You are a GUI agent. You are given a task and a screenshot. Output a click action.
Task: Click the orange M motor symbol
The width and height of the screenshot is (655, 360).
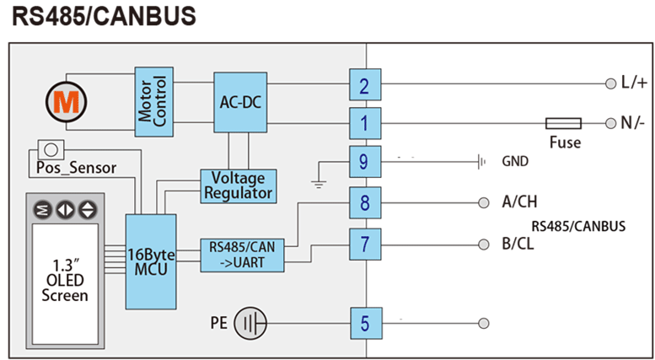coord(63,101)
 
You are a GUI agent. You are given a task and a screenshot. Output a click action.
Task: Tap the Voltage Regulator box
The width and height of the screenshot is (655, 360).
coord(239,185)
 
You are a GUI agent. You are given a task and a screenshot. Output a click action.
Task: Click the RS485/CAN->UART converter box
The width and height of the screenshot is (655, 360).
coord(243,255)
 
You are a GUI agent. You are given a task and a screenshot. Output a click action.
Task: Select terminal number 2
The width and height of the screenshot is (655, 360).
coord(364,85)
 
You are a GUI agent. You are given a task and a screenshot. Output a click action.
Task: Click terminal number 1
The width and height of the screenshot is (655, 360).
coord(364,123)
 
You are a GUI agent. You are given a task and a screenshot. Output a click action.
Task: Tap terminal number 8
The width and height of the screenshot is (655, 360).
coord(364,203)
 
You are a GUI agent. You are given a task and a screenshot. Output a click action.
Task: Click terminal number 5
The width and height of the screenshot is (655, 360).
coord(364,323)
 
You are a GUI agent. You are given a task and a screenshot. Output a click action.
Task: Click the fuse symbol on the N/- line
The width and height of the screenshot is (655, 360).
coord(563,123)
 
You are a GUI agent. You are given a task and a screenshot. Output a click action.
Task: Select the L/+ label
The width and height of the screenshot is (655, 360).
coord(634,83)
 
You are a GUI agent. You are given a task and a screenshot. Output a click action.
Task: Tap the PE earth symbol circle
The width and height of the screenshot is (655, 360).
coord(250,323)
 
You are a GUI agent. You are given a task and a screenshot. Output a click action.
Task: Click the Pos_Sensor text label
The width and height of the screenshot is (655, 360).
coord(77,168)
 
